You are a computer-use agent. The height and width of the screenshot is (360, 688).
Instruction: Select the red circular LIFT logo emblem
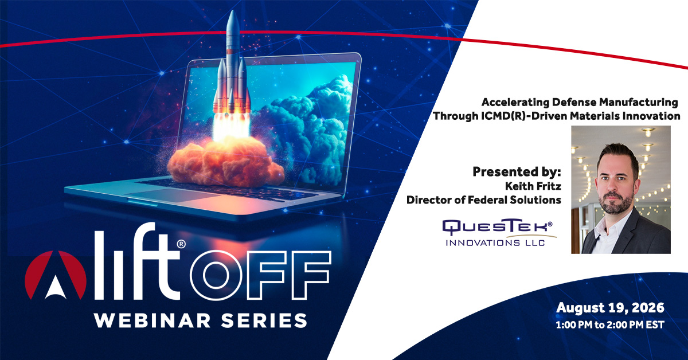click(x=56, y=275)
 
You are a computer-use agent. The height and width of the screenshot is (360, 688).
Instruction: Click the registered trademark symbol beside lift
click(x=181, y=244)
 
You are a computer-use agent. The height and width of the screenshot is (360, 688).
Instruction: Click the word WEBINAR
click(x=153, y=320)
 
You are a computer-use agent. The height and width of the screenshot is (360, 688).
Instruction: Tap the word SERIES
click(x=264, y=320)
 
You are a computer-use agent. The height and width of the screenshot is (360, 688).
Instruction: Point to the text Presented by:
click(x=517, y=172)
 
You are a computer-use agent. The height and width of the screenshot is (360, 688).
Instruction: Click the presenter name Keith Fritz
click(x=533, y=186)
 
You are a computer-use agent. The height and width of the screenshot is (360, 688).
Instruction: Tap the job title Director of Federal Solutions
click(x=484, y=200)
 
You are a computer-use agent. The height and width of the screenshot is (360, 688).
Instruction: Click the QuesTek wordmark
click(x=497, y=226)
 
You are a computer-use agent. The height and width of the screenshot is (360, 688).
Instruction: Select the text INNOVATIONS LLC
click(x=495, y=243)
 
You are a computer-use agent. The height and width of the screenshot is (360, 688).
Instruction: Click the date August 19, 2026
click(x=610, y=308)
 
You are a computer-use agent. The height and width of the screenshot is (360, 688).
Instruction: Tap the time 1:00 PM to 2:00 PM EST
click(x=610, y=324)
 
